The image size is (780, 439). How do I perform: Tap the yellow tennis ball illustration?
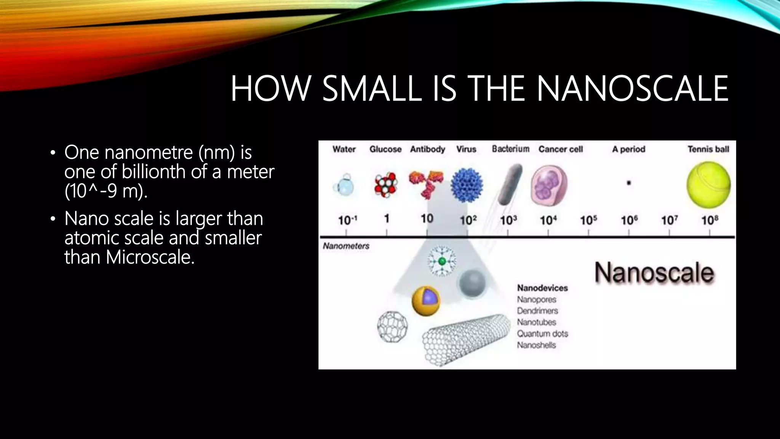click(708, 185)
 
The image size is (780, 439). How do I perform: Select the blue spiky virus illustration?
click(467, 185)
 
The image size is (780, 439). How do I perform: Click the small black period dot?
click(629, 183)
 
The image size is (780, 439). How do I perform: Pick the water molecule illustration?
click(344, 186)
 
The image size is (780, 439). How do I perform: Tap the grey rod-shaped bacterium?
click(510, 185)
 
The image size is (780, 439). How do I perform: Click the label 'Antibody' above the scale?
click(427, 149)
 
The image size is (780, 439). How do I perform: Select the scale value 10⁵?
click(588, 220)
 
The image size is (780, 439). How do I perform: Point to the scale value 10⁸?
click(710, 220)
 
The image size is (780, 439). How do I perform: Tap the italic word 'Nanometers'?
click(346, 246)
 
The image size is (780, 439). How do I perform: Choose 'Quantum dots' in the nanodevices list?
click(542, 334)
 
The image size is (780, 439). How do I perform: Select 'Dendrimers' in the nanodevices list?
click(537, 311)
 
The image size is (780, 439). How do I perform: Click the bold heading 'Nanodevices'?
click(542, 288)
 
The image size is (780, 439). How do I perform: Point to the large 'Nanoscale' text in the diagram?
click(654, 273)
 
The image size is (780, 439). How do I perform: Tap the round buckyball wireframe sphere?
click(392, 327)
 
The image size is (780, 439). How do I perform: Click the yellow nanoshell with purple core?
click(426, 301)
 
